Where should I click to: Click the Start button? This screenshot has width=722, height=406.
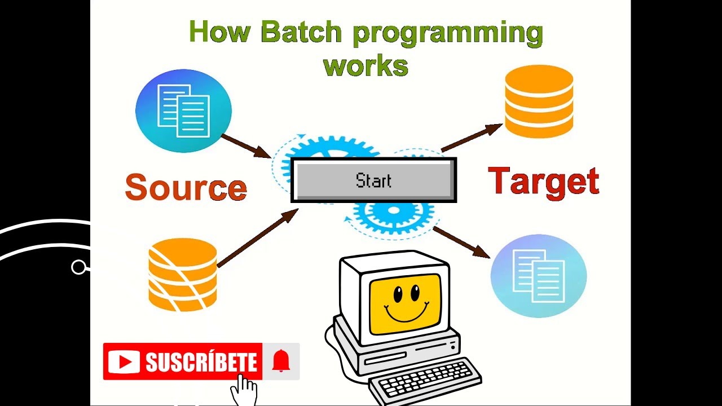pos(373,180)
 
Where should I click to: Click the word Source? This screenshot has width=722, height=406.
pos(186,188)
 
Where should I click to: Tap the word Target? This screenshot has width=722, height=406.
pos(543,182)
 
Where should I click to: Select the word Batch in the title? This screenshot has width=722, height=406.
pos(301,32)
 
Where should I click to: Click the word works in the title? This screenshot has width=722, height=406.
pos(366,66)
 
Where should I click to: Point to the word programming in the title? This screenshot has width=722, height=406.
pos(448,33)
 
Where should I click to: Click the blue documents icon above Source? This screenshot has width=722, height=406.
pos(183,111)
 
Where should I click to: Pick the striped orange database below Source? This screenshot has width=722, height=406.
pos(183,275)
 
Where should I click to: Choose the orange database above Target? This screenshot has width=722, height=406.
pos(539,101)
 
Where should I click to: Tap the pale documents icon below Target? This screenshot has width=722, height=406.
pos(539,276)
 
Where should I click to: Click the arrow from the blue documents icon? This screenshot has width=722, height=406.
pos(246,146)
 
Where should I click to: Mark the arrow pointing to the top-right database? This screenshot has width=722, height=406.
pos(471,138)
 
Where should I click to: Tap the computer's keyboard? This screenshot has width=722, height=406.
pos(426,379)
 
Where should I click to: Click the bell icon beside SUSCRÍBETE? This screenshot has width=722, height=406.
pos(281,361)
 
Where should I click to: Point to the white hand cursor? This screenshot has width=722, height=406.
pos(245,389)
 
